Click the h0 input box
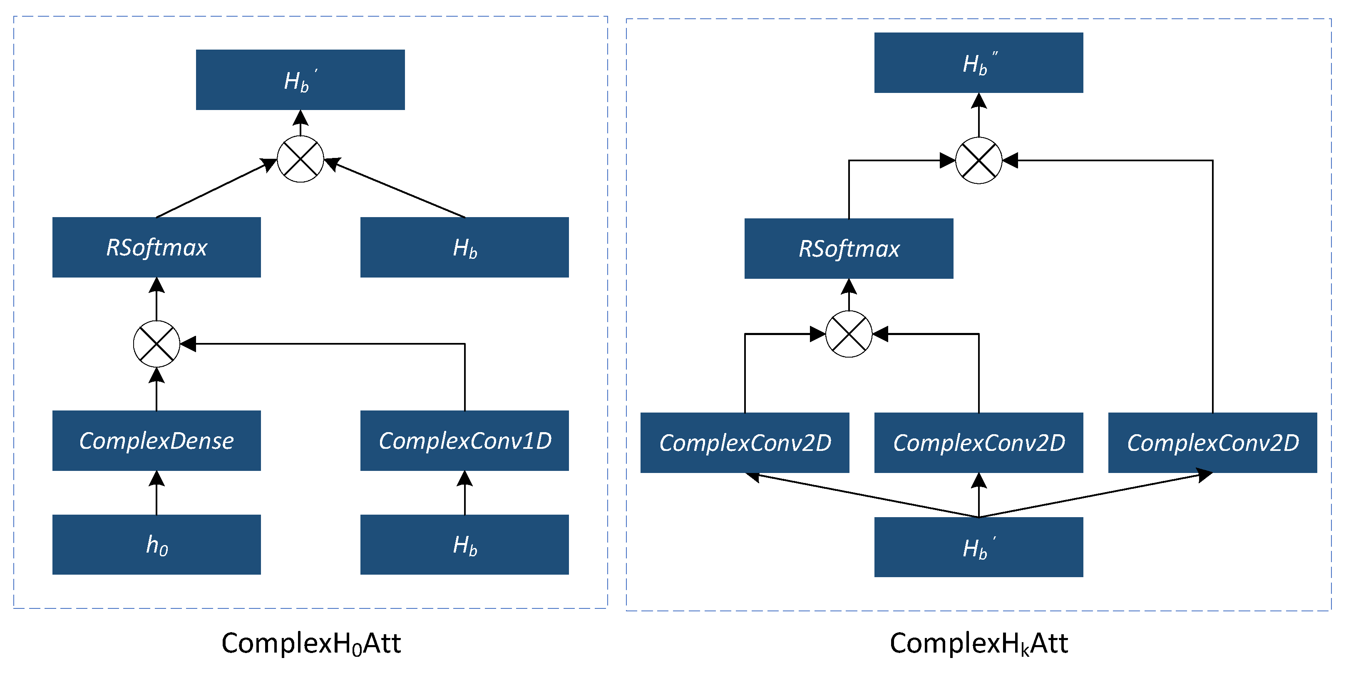click(156, 544)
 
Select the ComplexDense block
click(156, 440)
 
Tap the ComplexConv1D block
click(464, 440)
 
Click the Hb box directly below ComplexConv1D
click(464, 544)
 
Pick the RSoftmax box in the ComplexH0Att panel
click(156, 247)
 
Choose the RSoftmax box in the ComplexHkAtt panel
click(849, 248)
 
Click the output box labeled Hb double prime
click(978, 63)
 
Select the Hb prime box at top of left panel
click(300, 80)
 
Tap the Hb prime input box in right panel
click(978, 547)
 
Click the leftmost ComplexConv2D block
click(745, 443)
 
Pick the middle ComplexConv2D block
click(978, 443)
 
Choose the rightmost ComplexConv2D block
click(1212, 443)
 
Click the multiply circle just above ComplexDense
click(156, 344)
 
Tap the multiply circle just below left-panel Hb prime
click(300, 159)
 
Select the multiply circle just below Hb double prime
click(978, 160)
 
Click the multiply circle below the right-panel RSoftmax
click(849, 334)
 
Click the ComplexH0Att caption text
click(311, 643)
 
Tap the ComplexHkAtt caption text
click(978, 643)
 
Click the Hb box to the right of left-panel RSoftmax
click(464, 247)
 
